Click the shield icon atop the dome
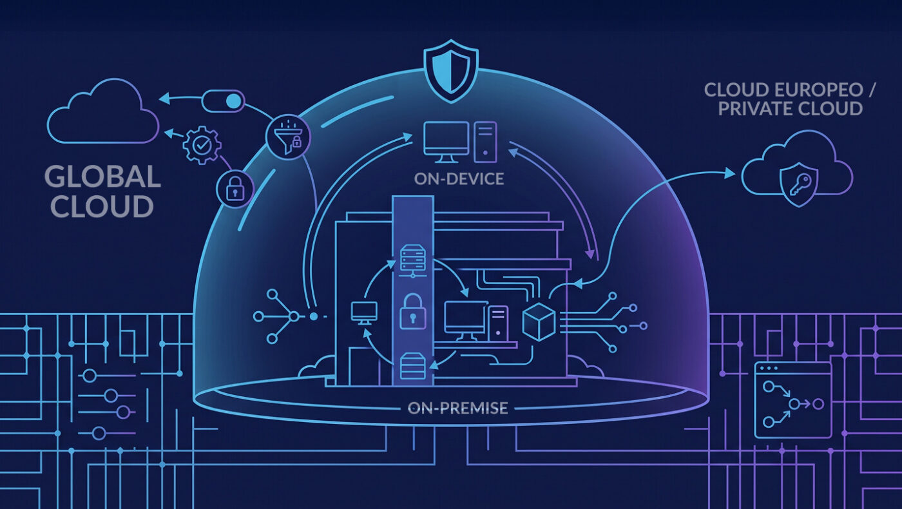(451, 72)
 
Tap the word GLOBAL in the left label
(102, 177)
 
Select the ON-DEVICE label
(459, 179)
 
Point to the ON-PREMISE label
(458, 408)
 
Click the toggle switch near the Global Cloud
(223, 101)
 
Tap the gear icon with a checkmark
(202, 145)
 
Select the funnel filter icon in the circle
(289, 137)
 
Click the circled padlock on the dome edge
(235, 188)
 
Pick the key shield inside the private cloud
(799, 185)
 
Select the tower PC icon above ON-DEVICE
(485, 142)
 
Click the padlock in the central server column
(413, 311)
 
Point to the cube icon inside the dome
(539, 322)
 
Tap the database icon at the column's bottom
(413, 366)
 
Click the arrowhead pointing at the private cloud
(729, 173)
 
